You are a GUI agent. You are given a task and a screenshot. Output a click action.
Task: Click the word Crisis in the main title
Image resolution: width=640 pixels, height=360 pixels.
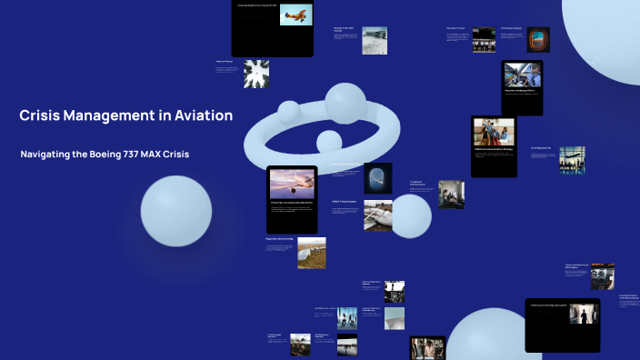pos(41,115)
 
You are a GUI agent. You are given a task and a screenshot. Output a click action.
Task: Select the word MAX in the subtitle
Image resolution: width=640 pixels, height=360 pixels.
pos(156,155)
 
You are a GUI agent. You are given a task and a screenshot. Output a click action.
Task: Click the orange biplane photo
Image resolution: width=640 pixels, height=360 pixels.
pos(294,15)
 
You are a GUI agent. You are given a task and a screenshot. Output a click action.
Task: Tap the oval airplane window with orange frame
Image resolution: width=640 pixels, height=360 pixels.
pos(538,39)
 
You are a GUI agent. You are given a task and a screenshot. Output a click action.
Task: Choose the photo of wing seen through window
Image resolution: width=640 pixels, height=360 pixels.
pos(377,177)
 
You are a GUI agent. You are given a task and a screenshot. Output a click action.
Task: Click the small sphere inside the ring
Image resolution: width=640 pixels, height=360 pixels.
pos(328,141)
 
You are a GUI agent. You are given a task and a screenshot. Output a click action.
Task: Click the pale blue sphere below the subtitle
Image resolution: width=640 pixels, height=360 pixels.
pos(175,211)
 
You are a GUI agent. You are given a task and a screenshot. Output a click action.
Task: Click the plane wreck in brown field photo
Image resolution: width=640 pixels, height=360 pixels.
pos(310,253)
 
